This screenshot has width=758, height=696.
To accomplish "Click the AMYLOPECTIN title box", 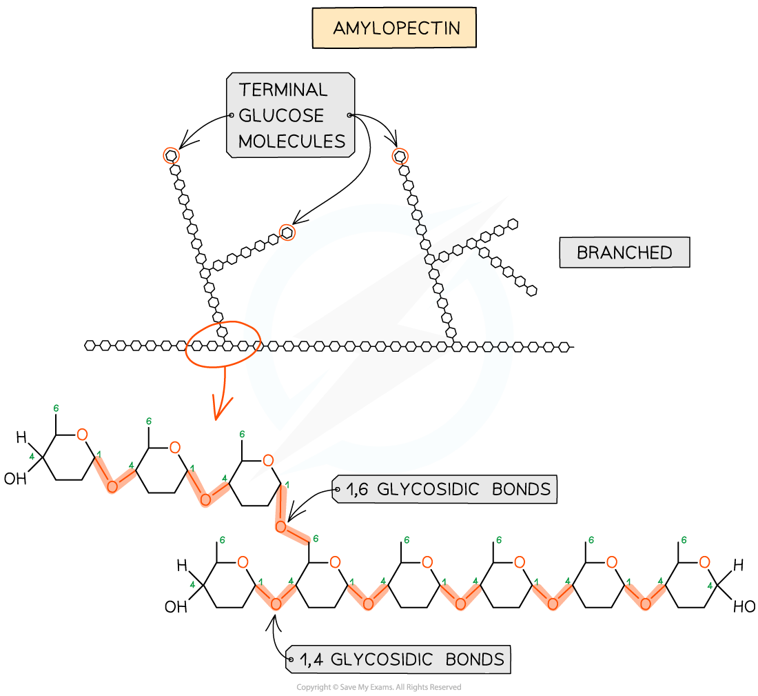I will click(394, 28).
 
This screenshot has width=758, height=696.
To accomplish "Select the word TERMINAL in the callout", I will click(283, 90).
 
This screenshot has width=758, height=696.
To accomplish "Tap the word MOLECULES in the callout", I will click(292, 141).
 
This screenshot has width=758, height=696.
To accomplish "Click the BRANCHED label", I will click(624, 252).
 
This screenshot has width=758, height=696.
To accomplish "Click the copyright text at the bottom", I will click(378, 687).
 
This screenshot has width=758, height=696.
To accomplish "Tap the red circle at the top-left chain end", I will click(171, 155).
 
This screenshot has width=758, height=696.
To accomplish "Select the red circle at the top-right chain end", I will click(399, 156).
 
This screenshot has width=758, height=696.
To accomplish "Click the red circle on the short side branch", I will click(287, 233).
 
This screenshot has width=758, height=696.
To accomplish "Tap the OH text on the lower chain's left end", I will click(175, 608).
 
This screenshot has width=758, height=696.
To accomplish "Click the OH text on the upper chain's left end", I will click(14, 478).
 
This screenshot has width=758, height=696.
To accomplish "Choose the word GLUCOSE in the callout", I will click(281, 115).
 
